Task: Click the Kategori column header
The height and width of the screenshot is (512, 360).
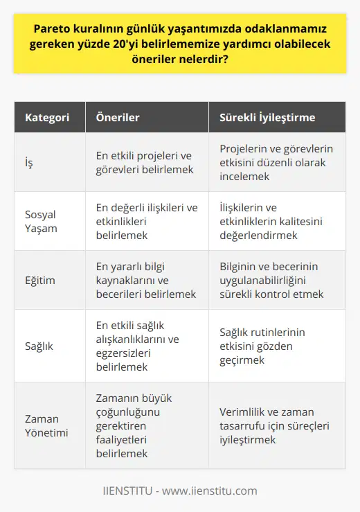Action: pos(48,118)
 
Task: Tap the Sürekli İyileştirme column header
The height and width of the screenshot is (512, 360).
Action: pos(267,118)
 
